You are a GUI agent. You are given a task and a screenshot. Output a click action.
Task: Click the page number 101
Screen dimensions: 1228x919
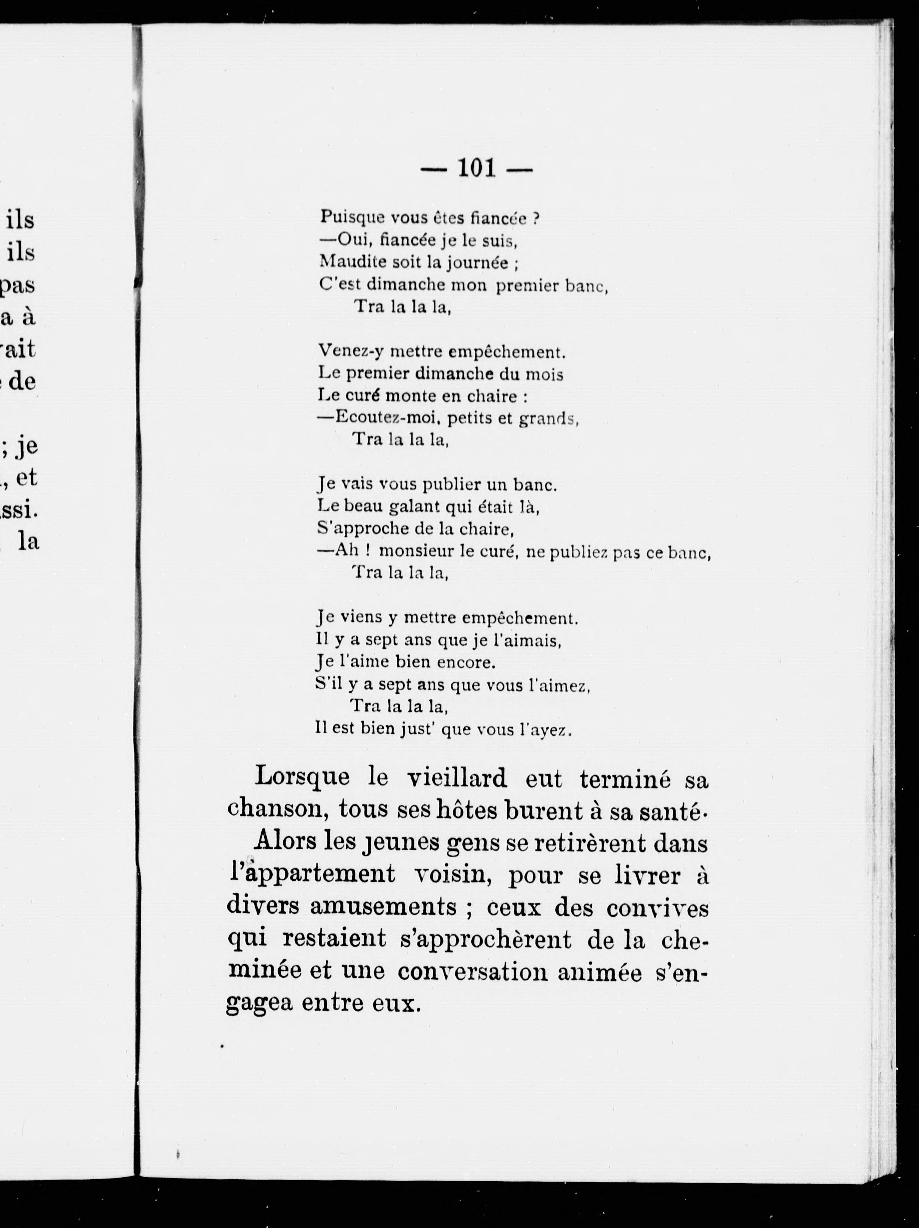pos(476,168)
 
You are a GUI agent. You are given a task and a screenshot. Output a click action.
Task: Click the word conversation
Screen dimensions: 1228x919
pos(473,972)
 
